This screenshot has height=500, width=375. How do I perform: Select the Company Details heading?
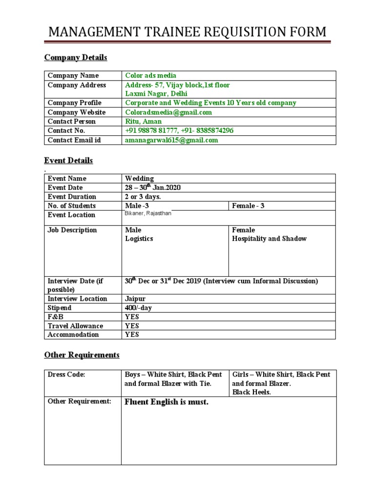click(76, 58)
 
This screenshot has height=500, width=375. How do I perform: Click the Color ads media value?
click(151, 75)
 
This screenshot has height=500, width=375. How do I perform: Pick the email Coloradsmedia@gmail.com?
click(168, 112)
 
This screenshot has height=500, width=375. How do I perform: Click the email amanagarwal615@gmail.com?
click(171, 140)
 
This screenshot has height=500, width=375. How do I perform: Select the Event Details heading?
click(68, 160)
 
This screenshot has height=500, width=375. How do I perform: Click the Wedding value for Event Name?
click(139, 179)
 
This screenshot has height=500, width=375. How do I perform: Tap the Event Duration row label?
click(72, 197)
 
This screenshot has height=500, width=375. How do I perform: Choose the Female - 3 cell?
click(248, 206)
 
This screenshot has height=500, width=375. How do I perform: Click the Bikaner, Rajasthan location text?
click(148, 214)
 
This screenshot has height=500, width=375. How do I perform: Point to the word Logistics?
click(139, 239)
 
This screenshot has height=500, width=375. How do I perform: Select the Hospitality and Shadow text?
click(269, 239)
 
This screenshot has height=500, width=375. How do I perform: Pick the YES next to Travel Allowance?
click(132, 326)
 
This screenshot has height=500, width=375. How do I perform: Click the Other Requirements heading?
click(82, 354)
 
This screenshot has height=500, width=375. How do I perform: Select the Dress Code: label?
click(66, 375)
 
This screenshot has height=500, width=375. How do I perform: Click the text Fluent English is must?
click(167, 402)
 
